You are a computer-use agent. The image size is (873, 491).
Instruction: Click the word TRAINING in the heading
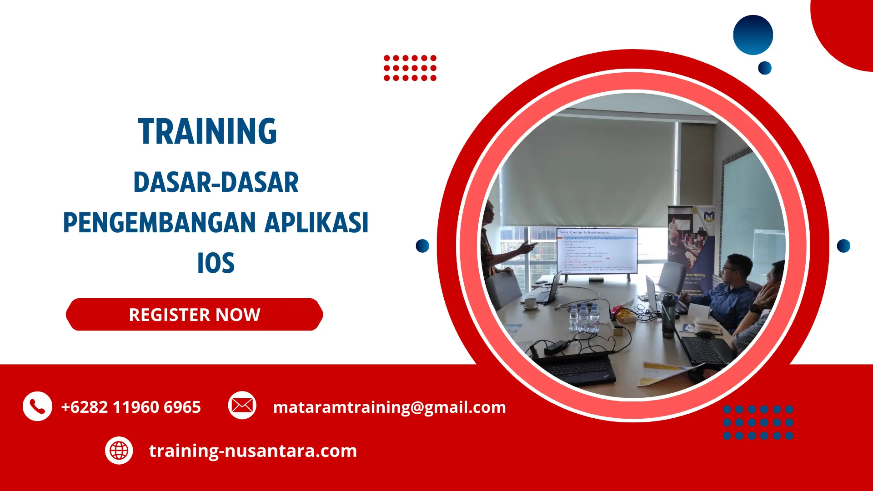[x=207, y=131]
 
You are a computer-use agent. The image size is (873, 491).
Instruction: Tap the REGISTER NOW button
[x=194, y=315]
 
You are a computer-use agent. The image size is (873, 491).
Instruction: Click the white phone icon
[x=37, y=406]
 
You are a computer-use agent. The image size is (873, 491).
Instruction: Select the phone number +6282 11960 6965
[x=131, y=407]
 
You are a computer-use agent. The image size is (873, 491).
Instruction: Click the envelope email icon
[x=242, y=405]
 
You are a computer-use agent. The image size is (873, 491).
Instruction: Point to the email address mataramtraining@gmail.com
[x=389, y=407]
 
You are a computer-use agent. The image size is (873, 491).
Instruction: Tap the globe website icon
[x=119, y=451]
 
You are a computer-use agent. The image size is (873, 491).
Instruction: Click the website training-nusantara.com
[x=253, y=451]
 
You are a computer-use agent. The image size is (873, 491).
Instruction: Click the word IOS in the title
[x=216, y=263]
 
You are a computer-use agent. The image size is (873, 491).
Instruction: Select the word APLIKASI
[x=316, y=223]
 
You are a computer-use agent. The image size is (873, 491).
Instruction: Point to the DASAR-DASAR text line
[x=216, y=182]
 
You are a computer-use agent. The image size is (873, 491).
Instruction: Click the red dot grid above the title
[x=410, y=68]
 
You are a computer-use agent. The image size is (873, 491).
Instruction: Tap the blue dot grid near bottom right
[x=758, y=422]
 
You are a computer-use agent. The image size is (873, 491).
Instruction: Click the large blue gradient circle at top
[x=753, y=35]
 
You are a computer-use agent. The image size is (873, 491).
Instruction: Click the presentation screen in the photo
[x=597, y=251]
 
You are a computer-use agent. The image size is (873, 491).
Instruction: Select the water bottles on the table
[x=584, y=316]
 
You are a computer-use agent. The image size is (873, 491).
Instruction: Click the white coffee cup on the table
[x=530, y=303]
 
